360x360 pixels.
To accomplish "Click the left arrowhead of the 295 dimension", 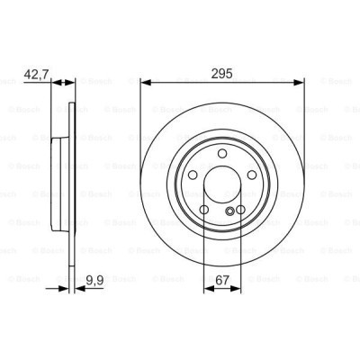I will coord(144,81).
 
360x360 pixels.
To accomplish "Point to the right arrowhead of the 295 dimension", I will coord(301,81).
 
